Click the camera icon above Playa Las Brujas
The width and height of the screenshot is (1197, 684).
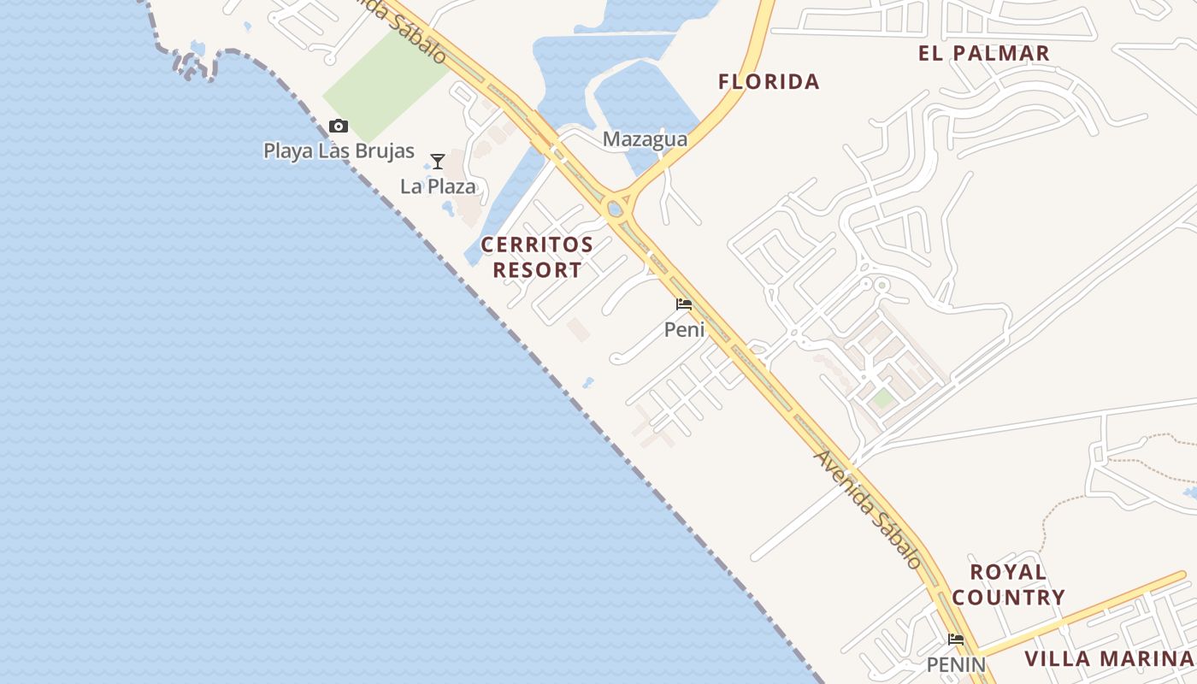[339, 127]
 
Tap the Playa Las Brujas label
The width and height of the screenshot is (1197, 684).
[339, 151]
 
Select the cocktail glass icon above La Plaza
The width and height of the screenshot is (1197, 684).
[438, 161]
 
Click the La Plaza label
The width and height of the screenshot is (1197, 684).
[438, 186]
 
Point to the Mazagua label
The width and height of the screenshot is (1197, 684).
[645, 139]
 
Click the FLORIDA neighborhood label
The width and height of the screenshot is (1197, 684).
[769, 82]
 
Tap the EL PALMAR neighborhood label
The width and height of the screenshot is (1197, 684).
[983, 53]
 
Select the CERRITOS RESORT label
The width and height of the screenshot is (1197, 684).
[537, 257]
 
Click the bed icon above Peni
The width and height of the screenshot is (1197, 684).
[684, 304]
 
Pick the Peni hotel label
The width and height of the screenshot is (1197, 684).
[684, 329]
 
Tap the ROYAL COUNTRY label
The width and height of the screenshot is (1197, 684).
[1008, 585]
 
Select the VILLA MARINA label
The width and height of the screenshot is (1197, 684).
[1108, 659]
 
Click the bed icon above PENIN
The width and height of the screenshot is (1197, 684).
[956, 640]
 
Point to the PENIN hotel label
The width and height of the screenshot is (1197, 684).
[956, 664]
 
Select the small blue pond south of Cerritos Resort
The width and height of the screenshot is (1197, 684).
[588, 382]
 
